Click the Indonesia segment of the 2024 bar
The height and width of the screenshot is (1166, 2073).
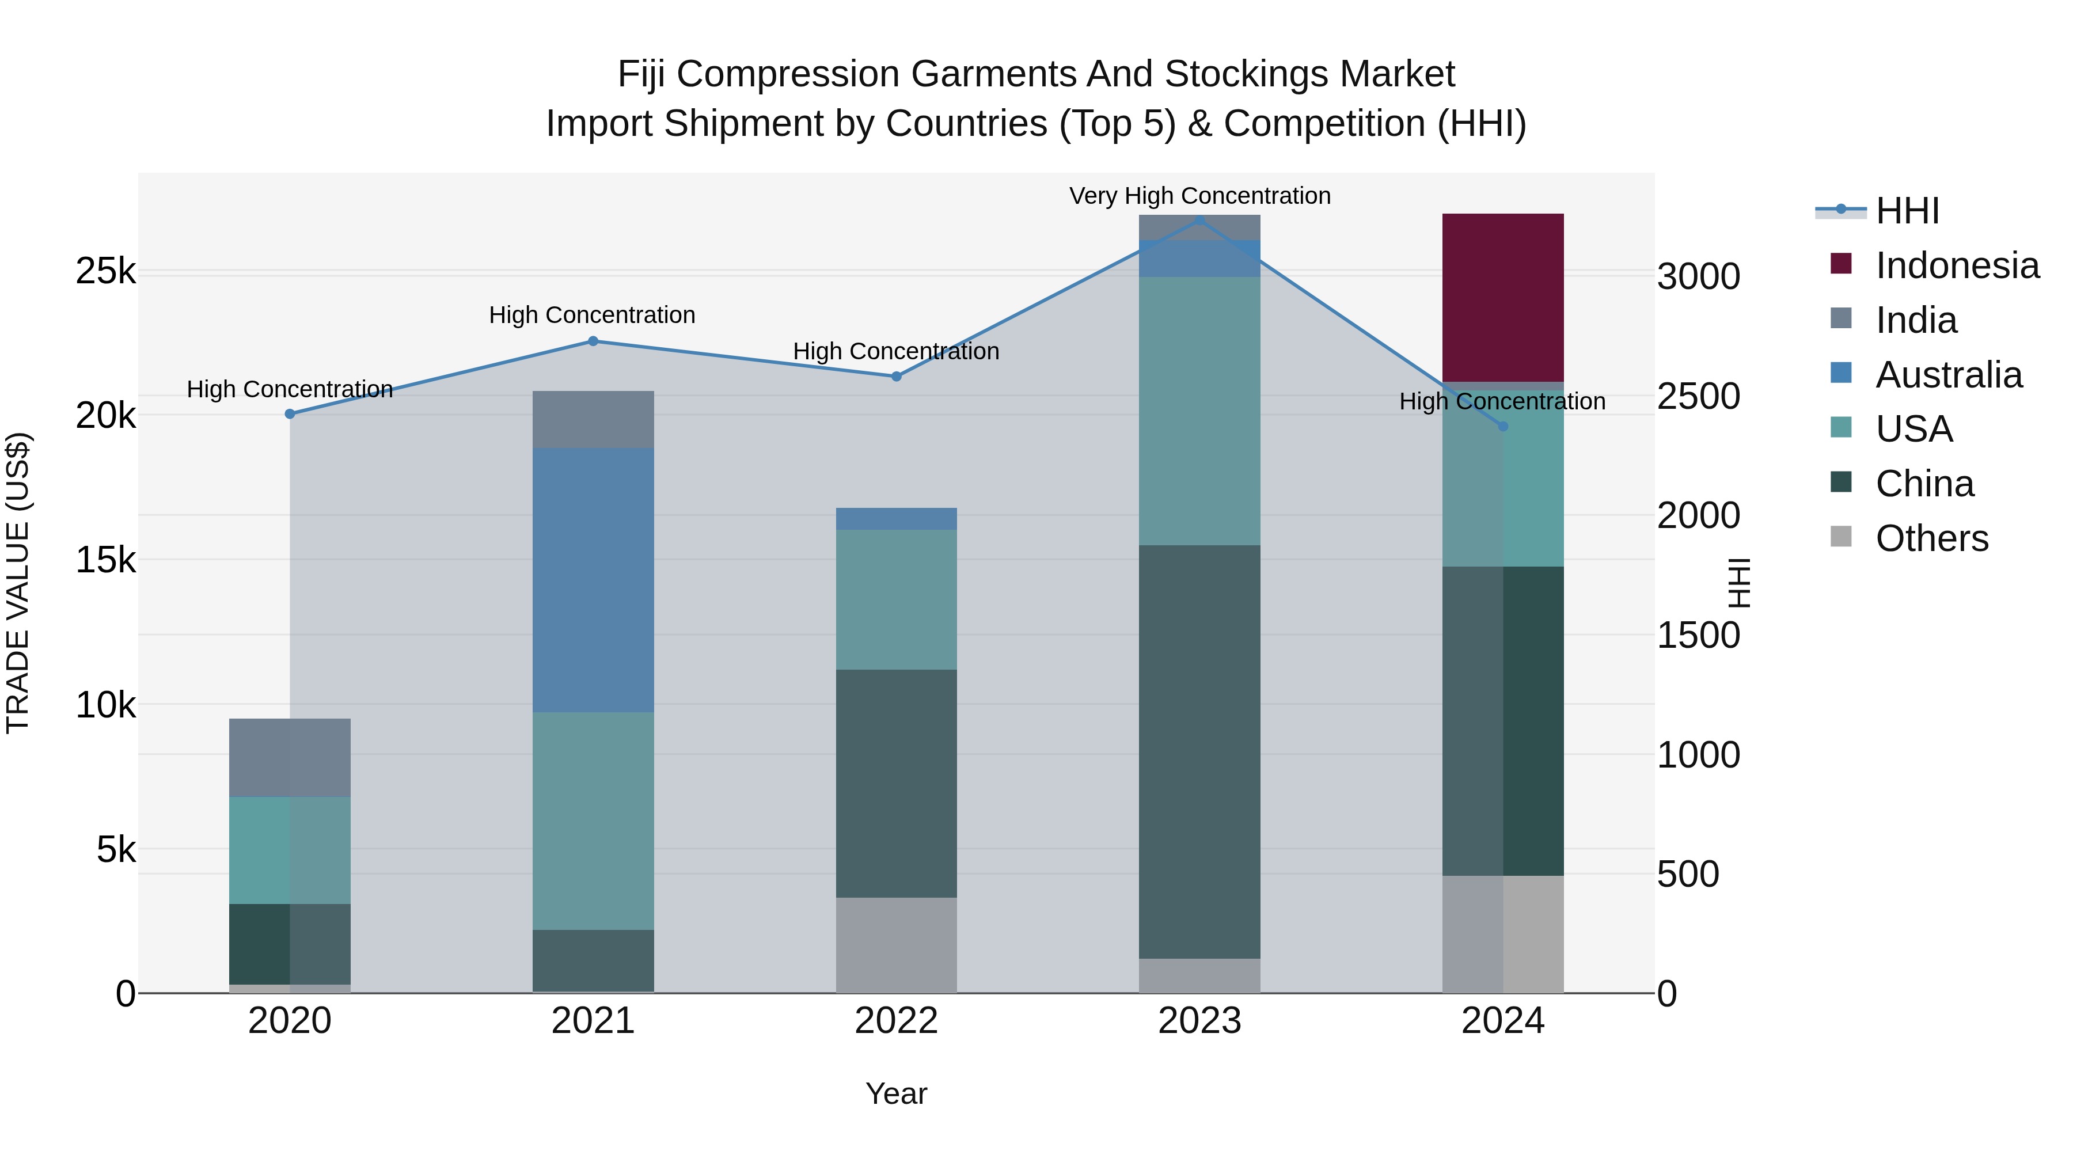pos(1502,297)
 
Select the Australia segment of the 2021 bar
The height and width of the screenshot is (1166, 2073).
pos(593,579)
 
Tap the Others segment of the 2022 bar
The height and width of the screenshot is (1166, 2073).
pos(897,945)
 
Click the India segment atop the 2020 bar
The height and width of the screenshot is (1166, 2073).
pos(290,757)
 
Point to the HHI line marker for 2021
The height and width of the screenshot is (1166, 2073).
pos(593,341)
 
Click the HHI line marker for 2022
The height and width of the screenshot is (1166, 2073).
pos(897,377)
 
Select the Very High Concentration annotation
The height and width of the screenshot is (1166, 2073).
pos(1199,196)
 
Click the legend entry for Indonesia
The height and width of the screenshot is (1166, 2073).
pos(1956,265)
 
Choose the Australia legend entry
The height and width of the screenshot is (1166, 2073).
pos(1947,375)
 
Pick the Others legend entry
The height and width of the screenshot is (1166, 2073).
pos(1931,538)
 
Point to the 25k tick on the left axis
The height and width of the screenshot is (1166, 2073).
pos(105,272)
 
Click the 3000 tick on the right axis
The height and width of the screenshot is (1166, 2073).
pos(1698,277)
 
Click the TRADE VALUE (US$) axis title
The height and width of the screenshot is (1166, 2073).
pos(18,583)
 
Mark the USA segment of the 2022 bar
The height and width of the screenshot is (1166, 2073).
pos(897,599)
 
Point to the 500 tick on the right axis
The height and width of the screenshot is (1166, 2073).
pos(1688,875)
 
